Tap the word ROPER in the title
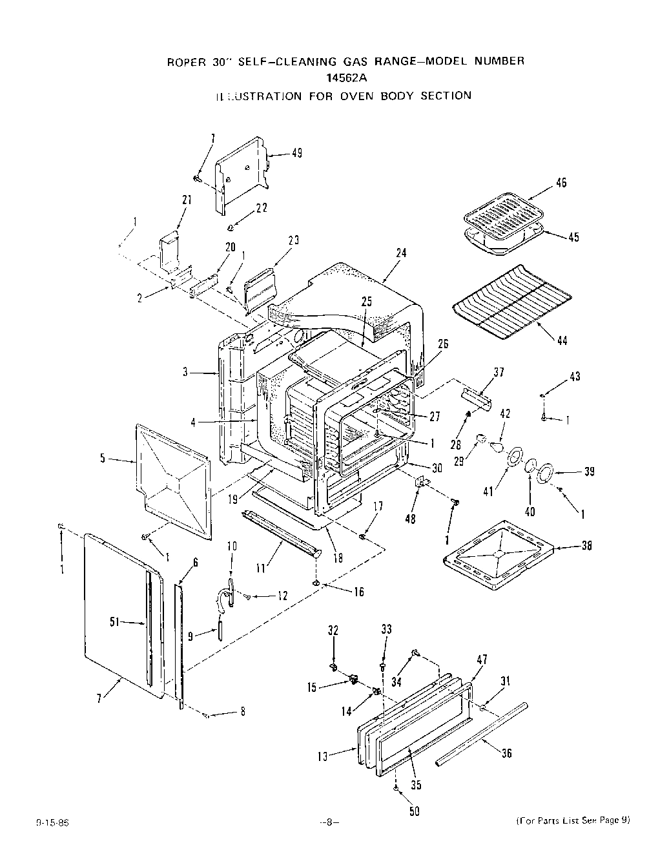(187, 62)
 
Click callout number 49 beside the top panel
(296, 153)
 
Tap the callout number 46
(561, 183)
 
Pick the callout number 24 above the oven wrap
(401, 253)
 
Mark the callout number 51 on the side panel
(116, 622)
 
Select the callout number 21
(187, 200)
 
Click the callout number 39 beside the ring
(589, 472)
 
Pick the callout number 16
(358, 591)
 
